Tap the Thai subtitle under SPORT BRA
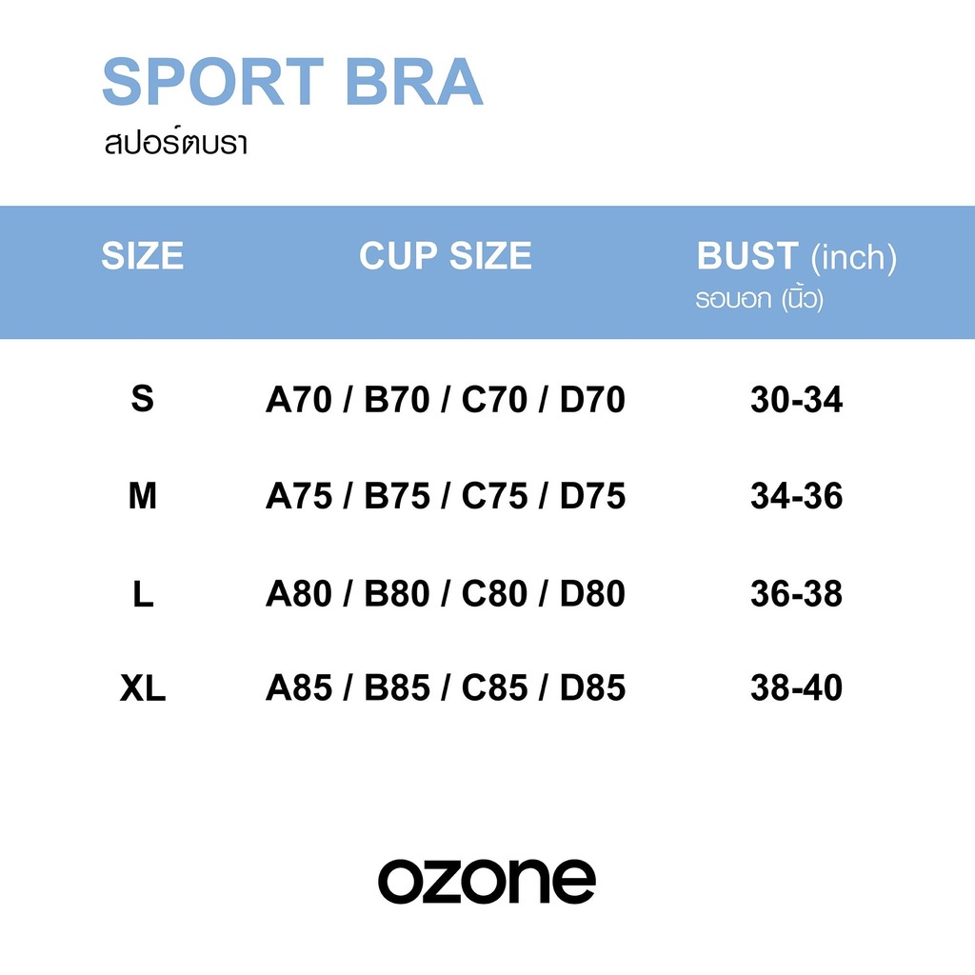click(x=177, y=145)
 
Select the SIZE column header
click(x=142, y=256)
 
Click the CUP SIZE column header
click(x=445, y=256)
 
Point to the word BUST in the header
click(x=747, y=256)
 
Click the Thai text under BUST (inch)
click(x=759, y=300)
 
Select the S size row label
click(x=142, y=399)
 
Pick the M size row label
click(x=142, y=496)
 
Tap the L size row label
click(x=143, y=594)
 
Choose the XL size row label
click(x=143, y=688)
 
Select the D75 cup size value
click(x=592, y=497)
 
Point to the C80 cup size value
click(x=494, y=594)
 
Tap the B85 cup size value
click(x=397, y=688)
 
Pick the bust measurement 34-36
click(x=796, y=497)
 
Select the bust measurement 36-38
click(x=796, y=594)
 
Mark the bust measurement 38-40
click(x=796, y=688)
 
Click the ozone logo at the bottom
click(x=487, y=881)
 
